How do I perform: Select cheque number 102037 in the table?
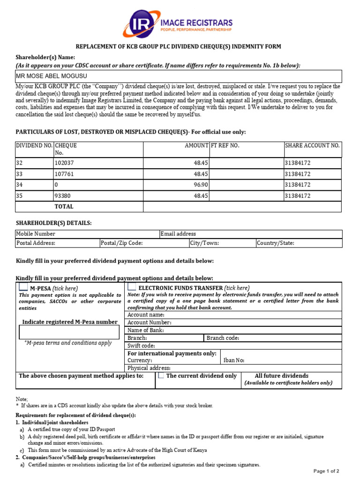pyautogui.click(x=65, y=163)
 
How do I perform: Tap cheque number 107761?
pyautogui.click(x=65, y=174)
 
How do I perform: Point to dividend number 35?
pyautogui.click(x=19, y=195)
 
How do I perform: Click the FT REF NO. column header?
pyautogui.click(x=225, y=146)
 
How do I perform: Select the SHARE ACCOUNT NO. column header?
pyautogui.click(x=312, y=146)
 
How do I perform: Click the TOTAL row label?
pyautogui.click(x=64, y=206)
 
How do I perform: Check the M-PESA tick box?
pyautogui.click(x=23, y=287)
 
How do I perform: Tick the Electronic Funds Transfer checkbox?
pyautogui.click(x=132, y=287)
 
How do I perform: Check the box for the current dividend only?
pyautogui.click(x=161, y=375)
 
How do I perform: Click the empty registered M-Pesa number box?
pyautogui.click(x=69, y=332)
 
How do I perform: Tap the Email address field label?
pyautogui.click(x=178, y=233)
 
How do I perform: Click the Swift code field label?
pyautogui.click(x=142, y=345)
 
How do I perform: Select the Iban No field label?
pyautogui.click(x=233, y=360)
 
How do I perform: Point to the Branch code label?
pyautogui.click(x=223, y=338)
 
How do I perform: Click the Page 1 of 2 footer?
pyautogui.click(x=326, y=471)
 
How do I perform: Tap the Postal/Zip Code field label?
pyautogui.click(x=122, y=243)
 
